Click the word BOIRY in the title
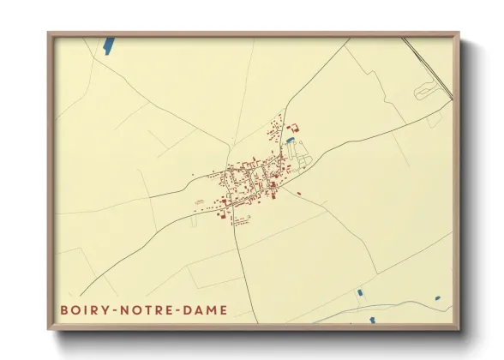[x=82, y=309]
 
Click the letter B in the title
[x=63, y=309]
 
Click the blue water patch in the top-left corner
[x=109, y=47]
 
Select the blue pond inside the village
[x=291, y=140]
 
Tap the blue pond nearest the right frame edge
[x=437, y=298]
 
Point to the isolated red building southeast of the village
[x=299, y=193]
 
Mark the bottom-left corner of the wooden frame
[x=49, y=329]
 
